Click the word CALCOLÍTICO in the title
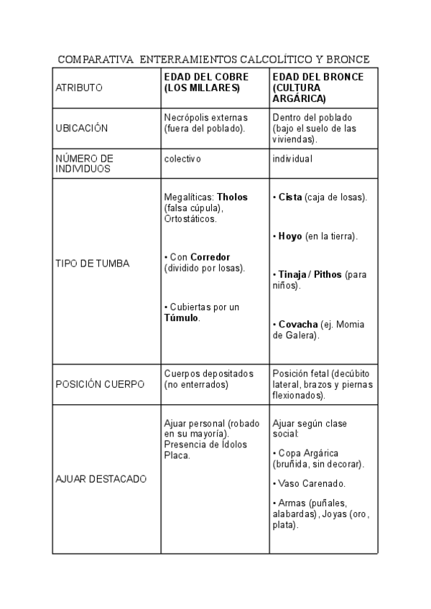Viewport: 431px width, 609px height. pyautogui.click(x=272, y=58)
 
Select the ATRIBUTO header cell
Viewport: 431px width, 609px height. pyautogui.click(x=79, y=88)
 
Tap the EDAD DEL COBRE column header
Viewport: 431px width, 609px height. pyautogui.click(x=206, y=82)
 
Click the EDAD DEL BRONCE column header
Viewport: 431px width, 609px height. pyautogui.click(x=318, y=87)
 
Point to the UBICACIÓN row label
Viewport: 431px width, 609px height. pyautogui.click(x=81, y=129)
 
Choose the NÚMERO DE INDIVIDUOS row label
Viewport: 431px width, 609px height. pyautogui.click(x=84, y=163)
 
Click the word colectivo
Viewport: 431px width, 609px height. pyautogui.click(x=182, y=158)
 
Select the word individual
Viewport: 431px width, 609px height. pyautogui.click(x=292, y=158)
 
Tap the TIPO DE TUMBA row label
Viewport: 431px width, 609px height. pyautogui.click(x=92, y=264)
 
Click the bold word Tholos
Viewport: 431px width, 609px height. pyautogui.click(x=231, y=197)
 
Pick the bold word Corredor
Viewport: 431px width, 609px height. pyautogui.click(x=210, y=257)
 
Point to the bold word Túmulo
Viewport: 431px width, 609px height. pyautogui.click(x=181, y=317)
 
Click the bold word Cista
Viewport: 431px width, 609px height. pyautogui.click(x=290, y=197)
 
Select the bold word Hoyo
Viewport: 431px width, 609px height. pyautogui.click(x=291, y=236)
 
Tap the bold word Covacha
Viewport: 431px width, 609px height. pyautogui.click(x=298, y=324)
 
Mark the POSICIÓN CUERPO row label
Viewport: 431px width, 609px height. pyautogui.click(x=99, y=384)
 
